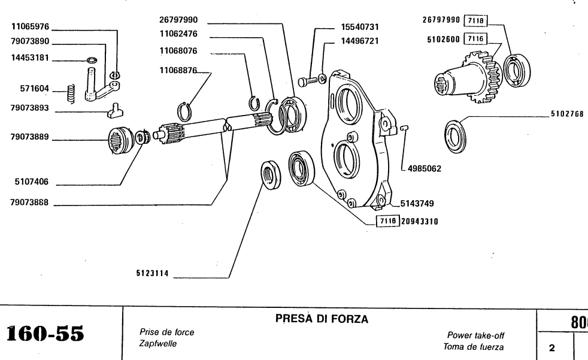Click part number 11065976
pos(31,26)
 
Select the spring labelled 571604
pos(70,92)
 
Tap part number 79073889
pos(31,137)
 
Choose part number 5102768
pos(566,114)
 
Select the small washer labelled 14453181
pos(92,60)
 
